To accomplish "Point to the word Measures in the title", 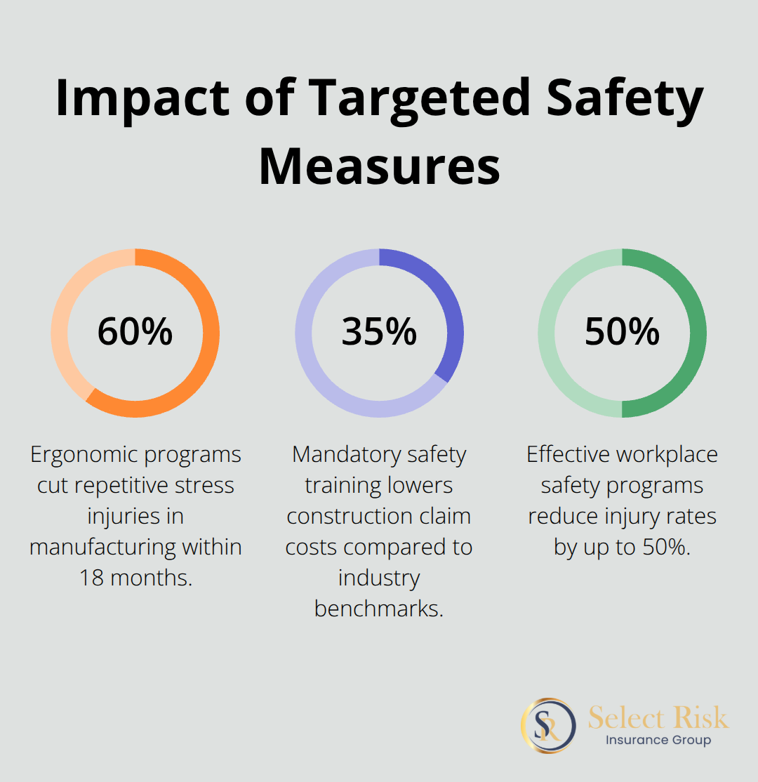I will coord(379,167).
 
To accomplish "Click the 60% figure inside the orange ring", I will coord(135,331).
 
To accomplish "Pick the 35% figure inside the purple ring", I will coord(379,331).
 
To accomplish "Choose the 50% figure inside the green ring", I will coord(622,331).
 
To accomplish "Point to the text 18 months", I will coord(135,578).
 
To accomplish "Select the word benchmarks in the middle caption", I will coord(378,608).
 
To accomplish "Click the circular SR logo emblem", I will coord(548,726).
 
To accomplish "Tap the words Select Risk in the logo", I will coord(658,717).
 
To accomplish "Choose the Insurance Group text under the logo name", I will coord(658,740).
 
